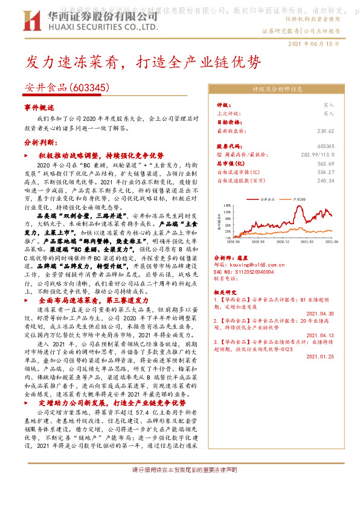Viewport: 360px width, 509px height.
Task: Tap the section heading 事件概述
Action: tap(39, 106)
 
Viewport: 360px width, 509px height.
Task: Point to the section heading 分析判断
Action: tap(39, 143)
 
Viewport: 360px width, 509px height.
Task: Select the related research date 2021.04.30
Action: tap(321, 314)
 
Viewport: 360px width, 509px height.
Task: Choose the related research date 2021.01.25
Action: tap(321, 356)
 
